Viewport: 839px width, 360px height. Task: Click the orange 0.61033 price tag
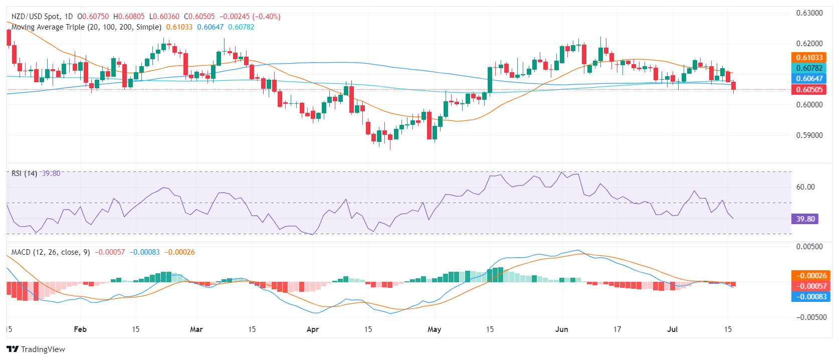(x=809, y=58)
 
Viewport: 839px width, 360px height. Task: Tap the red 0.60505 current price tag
(x=809, y=90)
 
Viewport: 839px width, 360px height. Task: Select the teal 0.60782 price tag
(x=809, y=68)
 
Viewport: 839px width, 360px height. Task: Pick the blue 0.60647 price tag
(x=809, y=79)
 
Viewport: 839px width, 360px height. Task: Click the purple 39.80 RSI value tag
(x=805, y=219)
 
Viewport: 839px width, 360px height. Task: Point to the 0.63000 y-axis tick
(x=809, y=13)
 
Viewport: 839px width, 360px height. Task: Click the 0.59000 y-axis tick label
(x=809, y=135)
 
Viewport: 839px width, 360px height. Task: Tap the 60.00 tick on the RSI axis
(x=805, y=187)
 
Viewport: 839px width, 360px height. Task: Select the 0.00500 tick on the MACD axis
(x=809, y=247)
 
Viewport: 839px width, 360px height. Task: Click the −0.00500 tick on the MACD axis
(x=808, y=317)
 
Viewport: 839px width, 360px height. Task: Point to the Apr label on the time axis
(x=313, y=329)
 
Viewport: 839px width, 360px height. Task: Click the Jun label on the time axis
(x=562, y=329)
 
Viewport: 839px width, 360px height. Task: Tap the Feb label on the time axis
(x=80, y=329)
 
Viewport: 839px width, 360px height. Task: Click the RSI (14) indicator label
(x=24, y=173)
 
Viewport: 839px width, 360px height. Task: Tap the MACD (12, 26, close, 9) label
(x=51, y=252)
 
